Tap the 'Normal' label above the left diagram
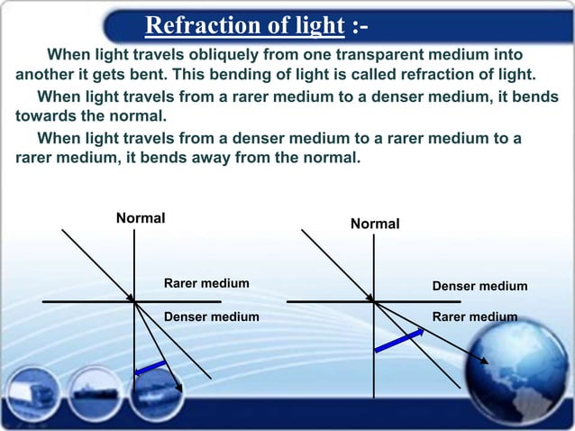pos(141,218)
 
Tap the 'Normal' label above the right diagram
pos(375,223)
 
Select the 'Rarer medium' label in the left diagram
pos(206,284)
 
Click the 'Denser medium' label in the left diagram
pos(211,316)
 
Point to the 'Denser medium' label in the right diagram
pos(479,286)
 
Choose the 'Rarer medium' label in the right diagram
pos(475,316)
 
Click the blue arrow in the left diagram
pos(151,369)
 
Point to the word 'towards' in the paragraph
pos(45,116)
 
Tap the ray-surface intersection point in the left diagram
pos(134,301)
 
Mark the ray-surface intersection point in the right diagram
pos(374,301)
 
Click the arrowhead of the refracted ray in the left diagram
pos(178,388)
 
